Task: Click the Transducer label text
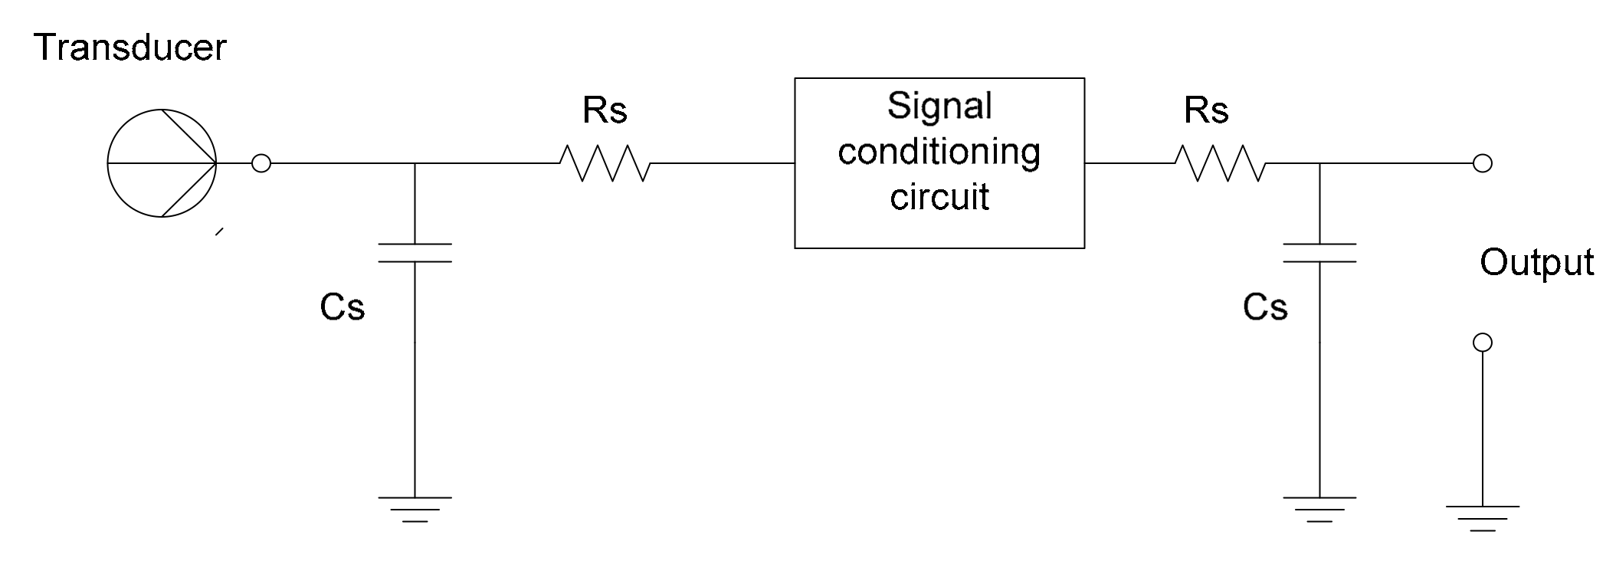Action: (129, 48)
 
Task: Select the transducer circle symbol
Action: (162, 163)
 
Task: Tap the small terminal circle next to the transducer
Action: (261, 163)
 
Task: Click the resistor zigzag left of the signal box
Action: (605, 163)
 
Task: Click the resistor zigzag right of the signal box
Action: (1220, 163)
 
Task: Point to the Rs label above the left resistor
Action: (605, 110)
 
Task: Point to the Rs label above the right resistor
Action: (1206, 110)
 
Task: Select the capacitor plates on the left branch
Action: (415, 253)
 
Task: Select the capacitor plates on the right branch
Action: (1319, 253)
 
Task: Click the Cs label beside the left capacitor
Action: (342, 307)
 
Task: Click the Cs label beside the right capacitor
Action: (1265, 307)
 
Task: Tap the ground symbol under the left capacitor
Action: (415, 509)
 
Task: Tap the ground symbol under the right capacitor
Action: (1319, 509)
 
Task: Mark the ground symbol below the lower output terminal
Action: (1482, 518)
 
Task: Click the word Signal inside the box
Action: (939, 106)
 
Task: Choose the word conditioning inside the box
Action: (939, 152)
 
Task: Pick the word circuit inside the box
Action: (939, 197)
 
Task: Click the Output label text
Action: (1536, 263)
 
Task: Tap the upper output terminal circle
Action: (1483, 163)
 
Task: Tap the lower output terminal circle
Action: (1483, 343)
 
